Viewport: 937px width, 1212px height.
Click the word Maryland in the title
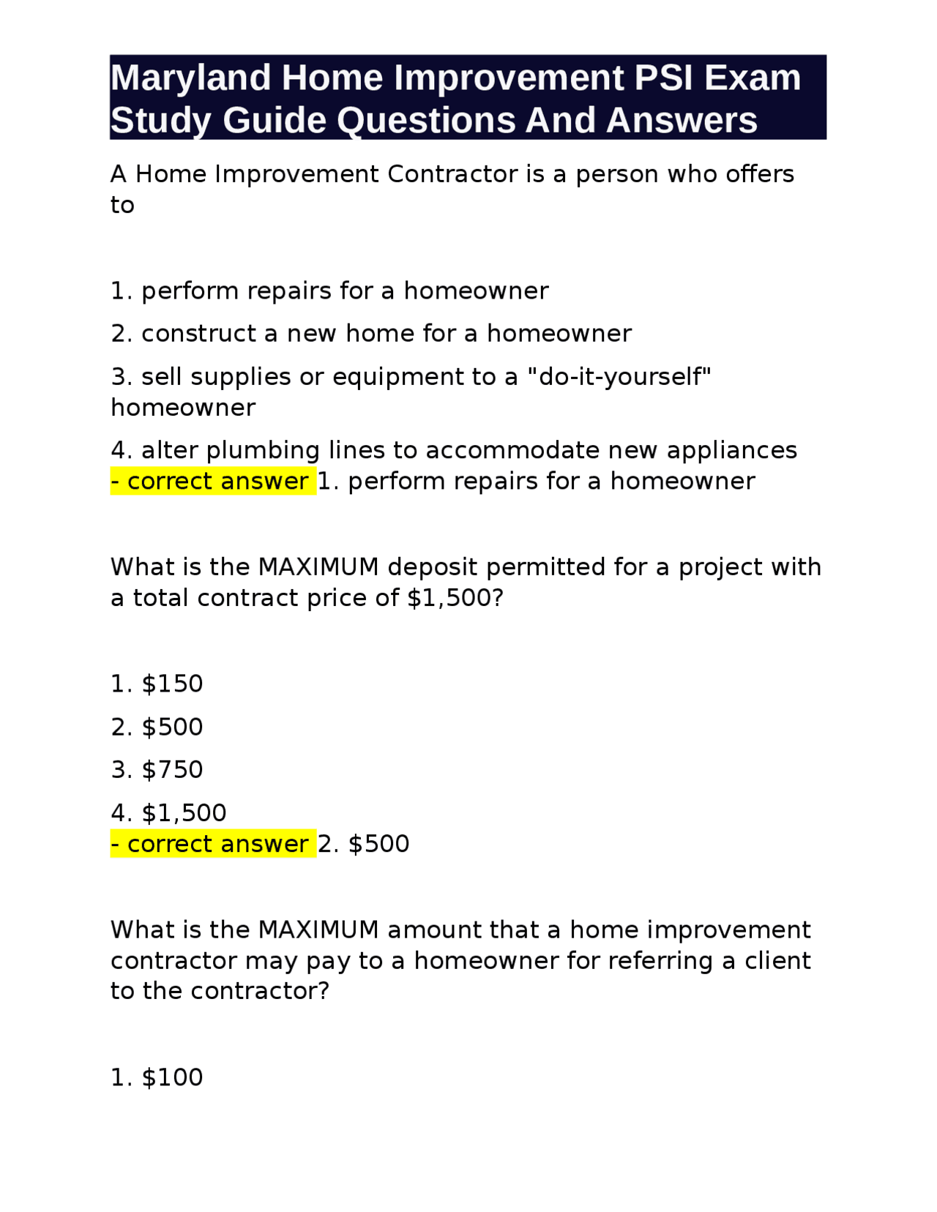(190, 78)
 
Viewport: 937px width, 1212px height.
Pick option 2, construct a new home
(370, 334)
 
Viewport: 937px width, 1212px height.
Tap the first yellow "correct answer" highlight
(213, 482)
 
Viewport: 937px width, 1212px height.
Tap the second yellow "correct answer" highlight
(213, 844)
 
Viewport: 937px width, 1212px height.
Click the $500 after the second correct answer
(378, 844)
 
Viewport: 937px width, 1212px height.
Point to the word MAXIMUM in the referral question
(318, 930)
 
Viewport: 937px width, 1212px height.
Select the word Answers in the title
(682, 120)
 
